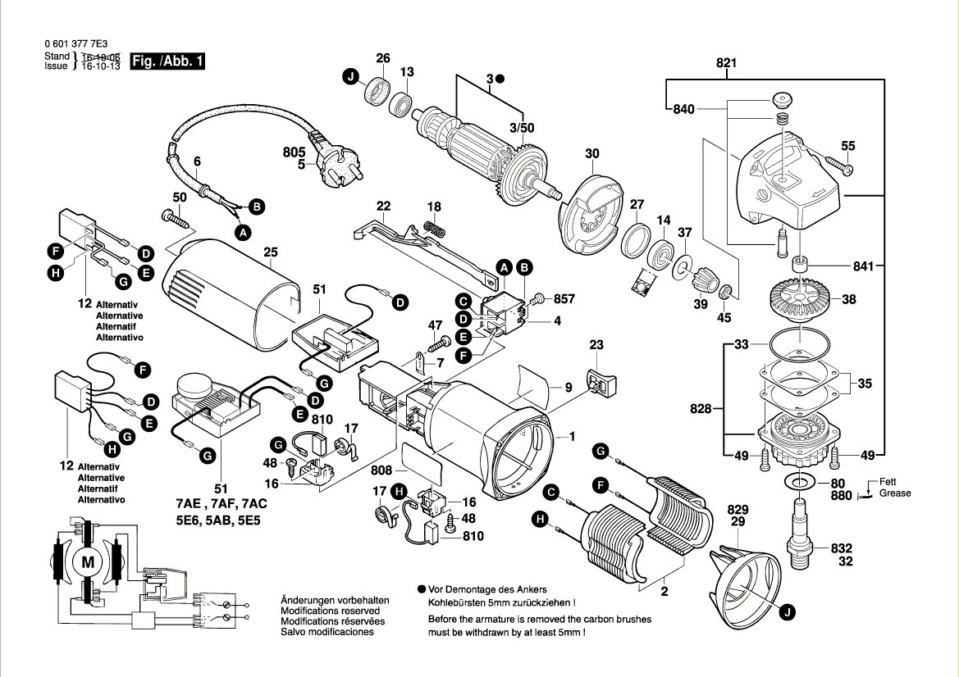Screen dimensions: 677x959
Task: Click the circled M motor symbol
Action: pyautogui.click(x=85, y=563)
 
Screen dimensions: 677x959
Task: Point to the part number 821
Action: pyautogui.click(x=726, y=62)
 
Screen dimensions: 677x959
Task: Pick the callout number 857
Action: pyautogui.click(x=564, y=299)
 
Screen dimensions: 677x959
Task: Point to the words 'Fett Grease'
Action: pyautogui.click(x=893, y=488)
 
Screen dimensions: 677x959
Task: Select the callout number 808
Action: pyautogui.click(x=381, y=471)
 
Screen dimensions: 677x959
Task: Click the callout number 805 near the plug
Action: pyautogui.click(x=294, y=152)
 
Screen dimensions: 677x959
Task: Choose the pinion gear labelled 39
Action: pyautogui.click(x=704, y=284)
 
